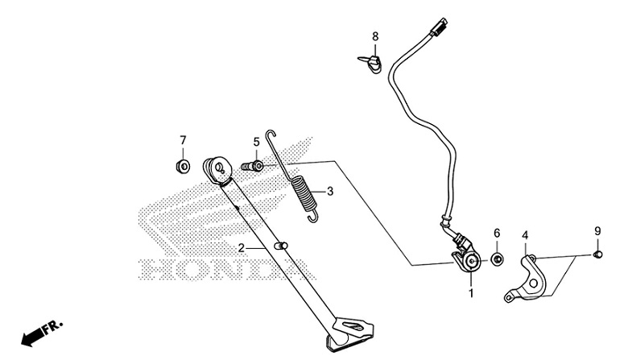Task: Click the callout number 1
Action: point(472,294)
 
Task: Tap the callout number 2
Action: point(241,248)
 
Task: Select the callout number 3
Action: point(329,192)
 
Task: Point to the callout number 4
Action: point(525,236)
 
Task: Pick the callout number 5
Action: point(256,143)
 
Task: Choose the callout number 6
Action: point(497,234)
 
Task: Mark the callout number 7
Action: point(183,140)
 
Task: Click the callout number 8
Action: point(374,37)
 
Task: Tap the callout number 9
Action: point(597,231)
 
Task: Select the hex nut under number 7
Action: point(183,167)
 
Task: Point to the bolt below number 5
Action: point(253,166)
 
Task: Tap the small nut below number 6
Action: point(497,259)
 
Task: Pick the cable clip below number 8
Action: point(370,61)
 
